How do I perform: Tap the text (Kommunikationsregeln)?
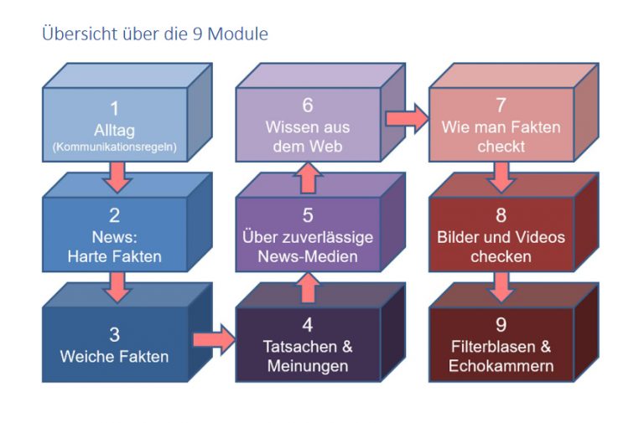click(x=114, y=147)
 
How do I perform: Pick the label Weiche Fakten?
click(x=114, y=356)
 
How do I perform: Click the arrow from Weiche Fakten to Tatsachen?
click(x=214, y=339)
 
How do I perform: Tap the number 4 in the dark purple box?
click(x=308, y=323)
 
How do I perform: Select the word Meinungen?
click(x=308, y=366)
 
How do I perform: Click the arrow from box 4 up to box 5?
click(x=308, y=287)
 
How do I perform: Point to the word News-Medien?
click(x=308, y=256)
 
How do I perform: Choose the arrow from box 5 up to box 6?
click(x=308, y=178)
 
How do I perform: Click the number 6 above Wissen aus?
click(x=308, y=106)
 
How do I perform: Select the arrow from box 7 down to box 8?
click(x=501, y=178)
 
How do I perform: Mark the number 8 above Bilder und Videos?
click(x=501, y=215)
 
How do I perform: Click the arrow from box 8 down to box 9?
click(x=501, y=287)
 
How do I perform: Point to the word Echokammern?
click(x=501, y=366)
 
